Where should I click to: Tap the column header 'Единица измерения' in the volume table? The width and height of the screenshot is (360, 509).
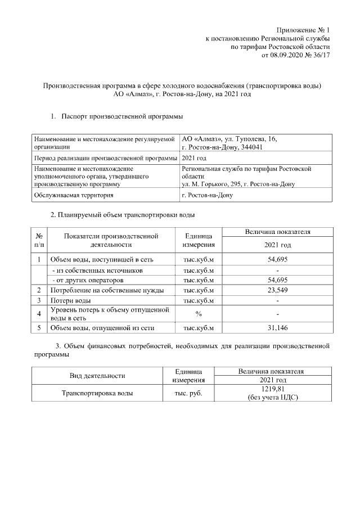(198, 240)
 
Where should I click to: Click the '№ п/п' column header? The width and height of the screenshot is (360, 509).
(39, 240)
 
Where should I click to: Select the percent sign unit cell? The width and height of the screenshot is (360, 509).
(198, 313)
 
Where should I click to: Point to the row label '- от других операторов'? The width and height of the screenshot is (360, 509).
(87, 280)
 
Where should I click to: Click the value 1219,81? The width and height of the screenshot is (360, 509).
(273, 389)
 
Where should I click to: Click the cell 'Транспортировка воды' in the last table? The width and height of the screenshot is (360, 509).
(97, 394)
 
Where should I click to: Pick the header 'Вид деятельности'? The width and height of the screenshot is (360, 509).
(97, 376)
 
